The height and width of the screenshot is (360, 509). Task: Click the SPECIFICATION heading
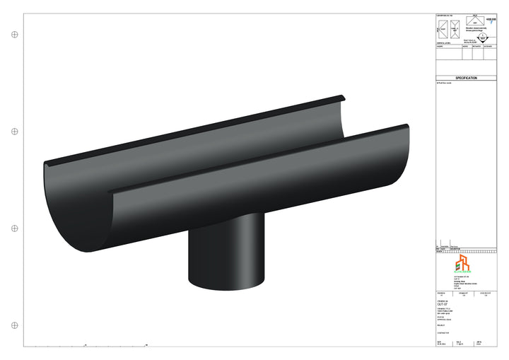(466, 78)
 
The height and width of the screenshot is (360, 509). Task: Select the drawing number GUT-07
(443, 305)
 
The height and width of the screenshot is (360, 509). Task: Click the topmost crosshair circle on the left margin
(14, 34)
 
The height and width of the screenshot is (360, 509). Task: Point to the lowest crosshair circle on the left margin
(14, 325)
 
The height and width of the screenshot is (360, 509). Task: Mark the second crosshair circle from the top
(14, 132)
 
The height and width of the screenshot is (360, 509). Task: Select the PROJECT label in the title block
(442, 325)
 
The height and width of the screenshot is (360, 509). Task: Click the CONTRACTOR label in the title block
(443, 332)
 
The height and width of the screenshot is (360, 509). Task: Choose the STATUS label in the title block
(440, 318)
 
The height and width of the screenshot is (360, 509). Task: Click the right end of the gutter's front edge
(407, 127)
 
